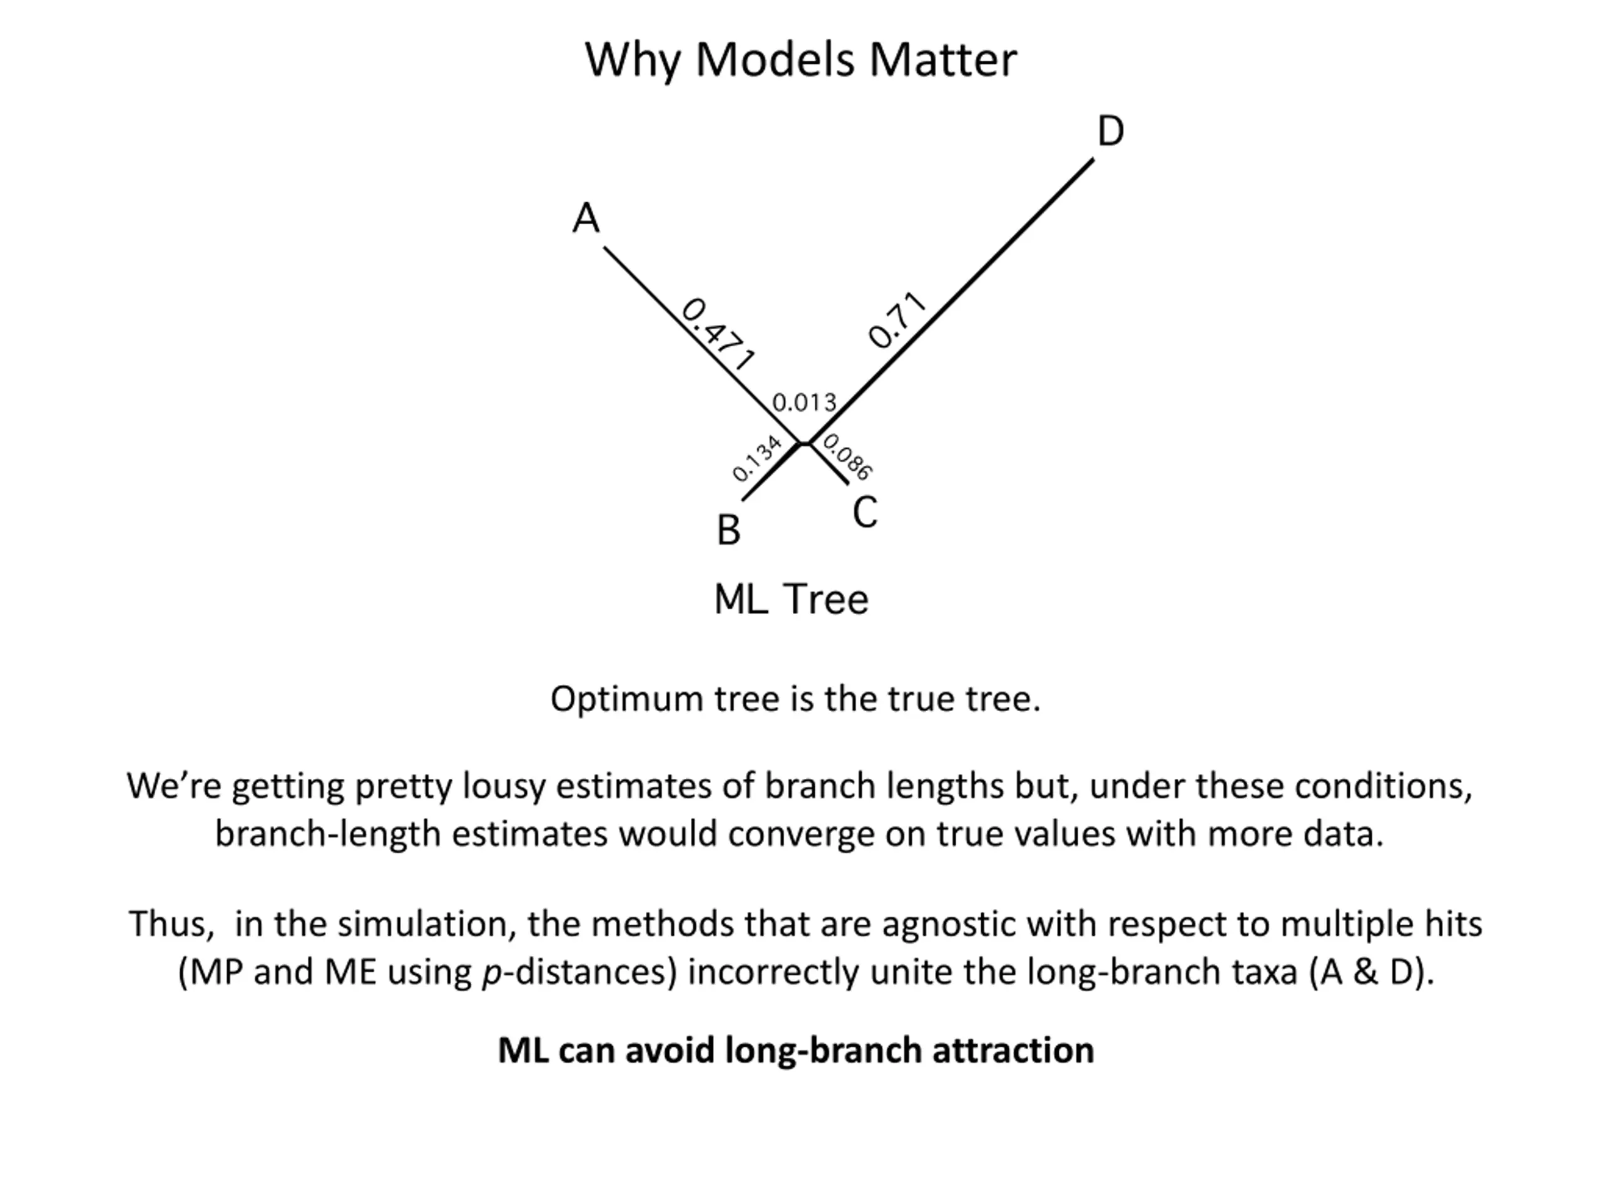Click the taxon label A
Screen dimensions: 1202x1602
point(586,218)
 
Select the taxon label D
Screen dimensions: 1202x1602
point(1110,132)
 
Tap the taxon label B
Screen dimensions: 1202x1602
point(728,530)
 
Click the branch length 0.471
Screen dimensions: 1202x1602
point(718,334)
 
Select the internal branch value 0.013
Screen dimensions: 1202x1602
point(804,403)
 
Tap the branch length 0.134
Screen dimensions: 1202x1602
point(756,458)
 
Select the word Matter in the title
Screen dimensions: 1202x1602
point(943,59)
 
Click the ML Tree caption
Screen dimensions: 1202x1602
point(791,599)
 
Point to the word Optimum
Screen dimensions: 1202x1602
point(626,700)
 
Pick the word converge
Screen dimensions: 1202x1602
point(795,834)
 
